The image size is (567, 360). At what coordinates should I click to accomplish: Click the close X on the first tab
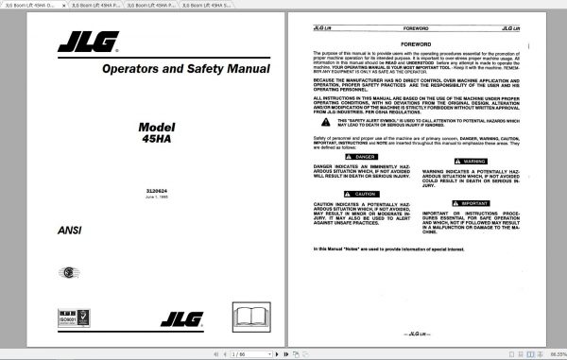[x=65, y=6]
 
